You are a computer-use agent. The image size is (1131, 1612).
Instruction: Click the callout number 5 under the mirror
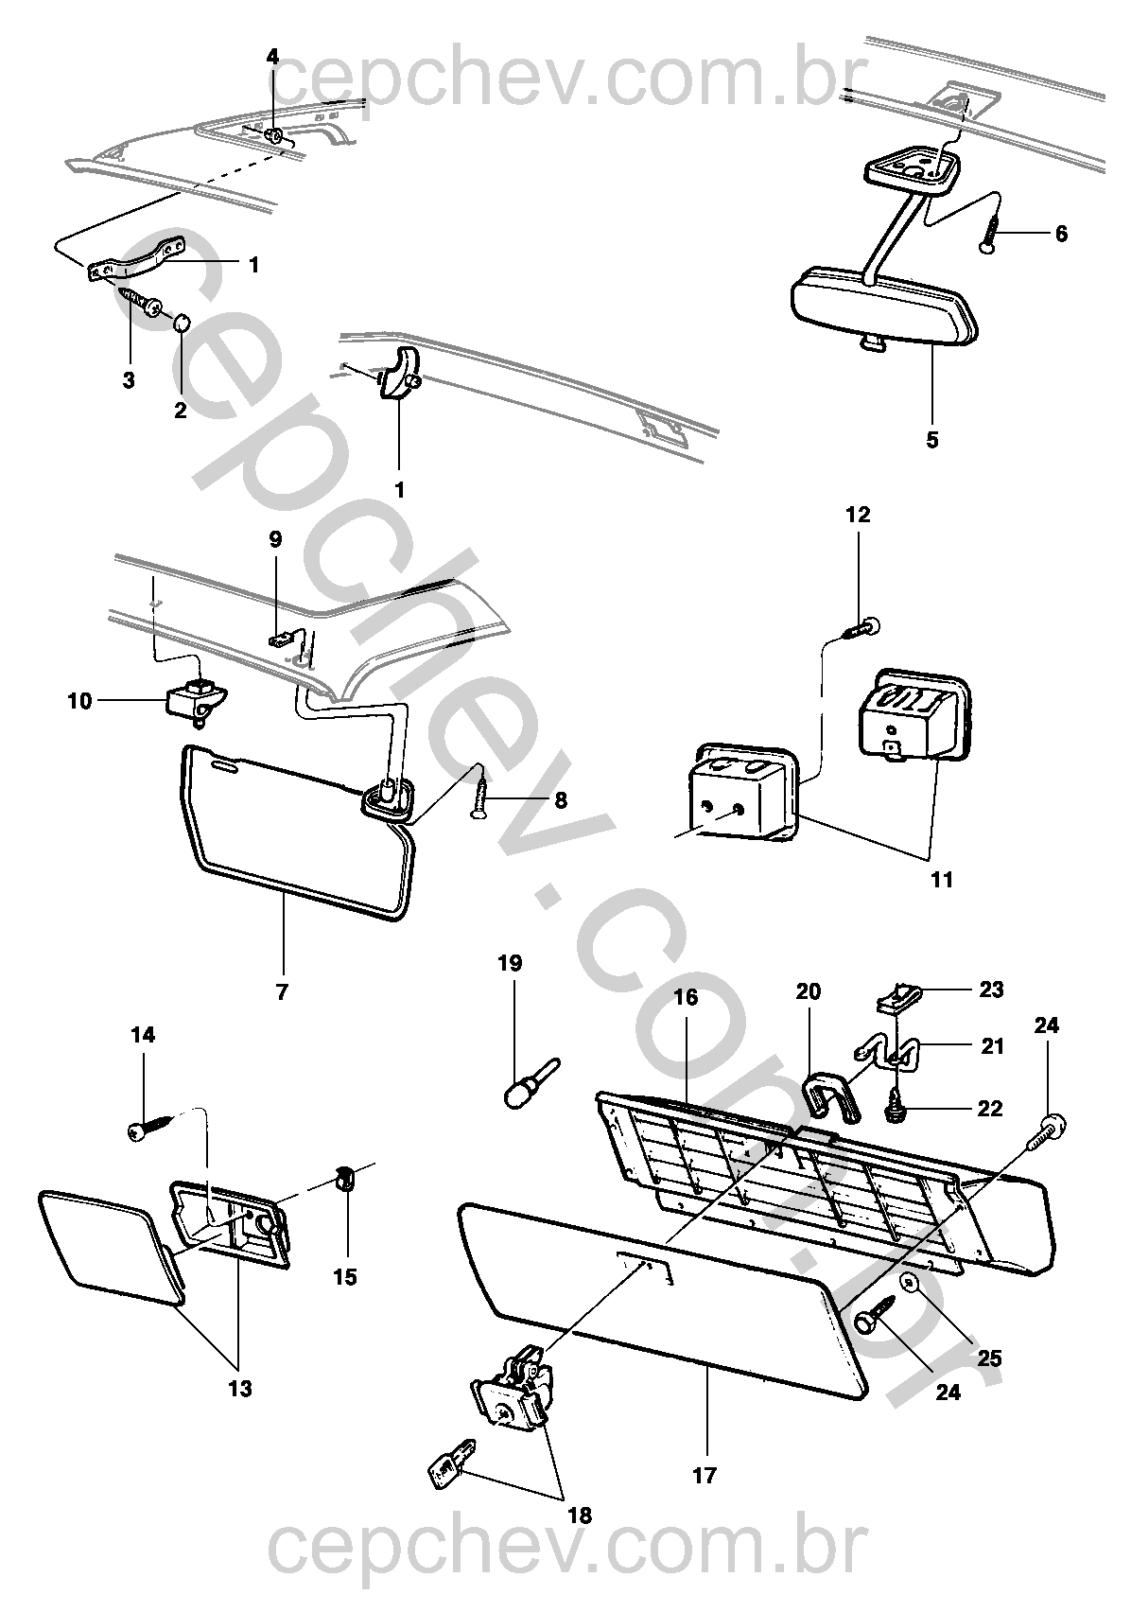[x=932, y=441]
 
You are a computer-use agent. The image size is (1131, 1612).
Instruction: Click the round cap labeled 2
[x=181, y=326]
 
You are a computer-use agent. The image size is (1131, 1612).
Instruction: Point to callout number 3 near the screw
[x=129, y=380]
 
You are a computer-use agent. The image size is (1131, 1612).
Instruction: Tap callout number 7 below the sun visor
[x=282, y=992]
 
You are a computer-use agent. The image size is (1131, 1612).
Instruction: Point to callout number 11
[x=941, y=880]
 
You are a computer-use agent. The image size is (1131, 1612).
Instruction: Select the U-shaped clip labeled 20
[x=829, y=1097]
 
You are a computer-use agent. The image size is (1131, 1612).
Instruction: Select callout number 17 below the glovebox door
[x=705, y=1475]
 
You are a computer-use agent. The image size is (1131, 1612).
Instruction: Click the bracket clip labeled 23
[x=898, y=996]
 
